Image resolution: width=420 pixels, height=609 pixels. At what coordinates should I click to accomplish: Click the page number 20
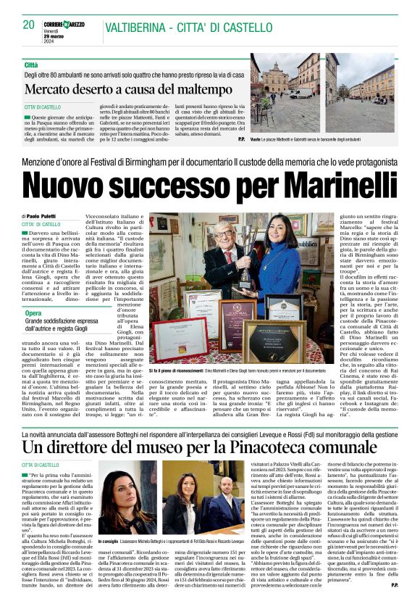click(29, 24)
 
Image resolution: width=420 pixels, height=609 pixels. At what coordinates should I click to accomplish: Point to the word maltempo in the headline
click(206, 90)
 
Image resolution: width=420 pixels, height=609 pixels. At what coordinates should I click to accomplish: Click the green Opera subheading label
click(33, 312)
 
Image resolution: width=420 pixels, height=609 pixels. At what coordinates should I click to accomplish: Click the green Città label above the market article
click(30, 65)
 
